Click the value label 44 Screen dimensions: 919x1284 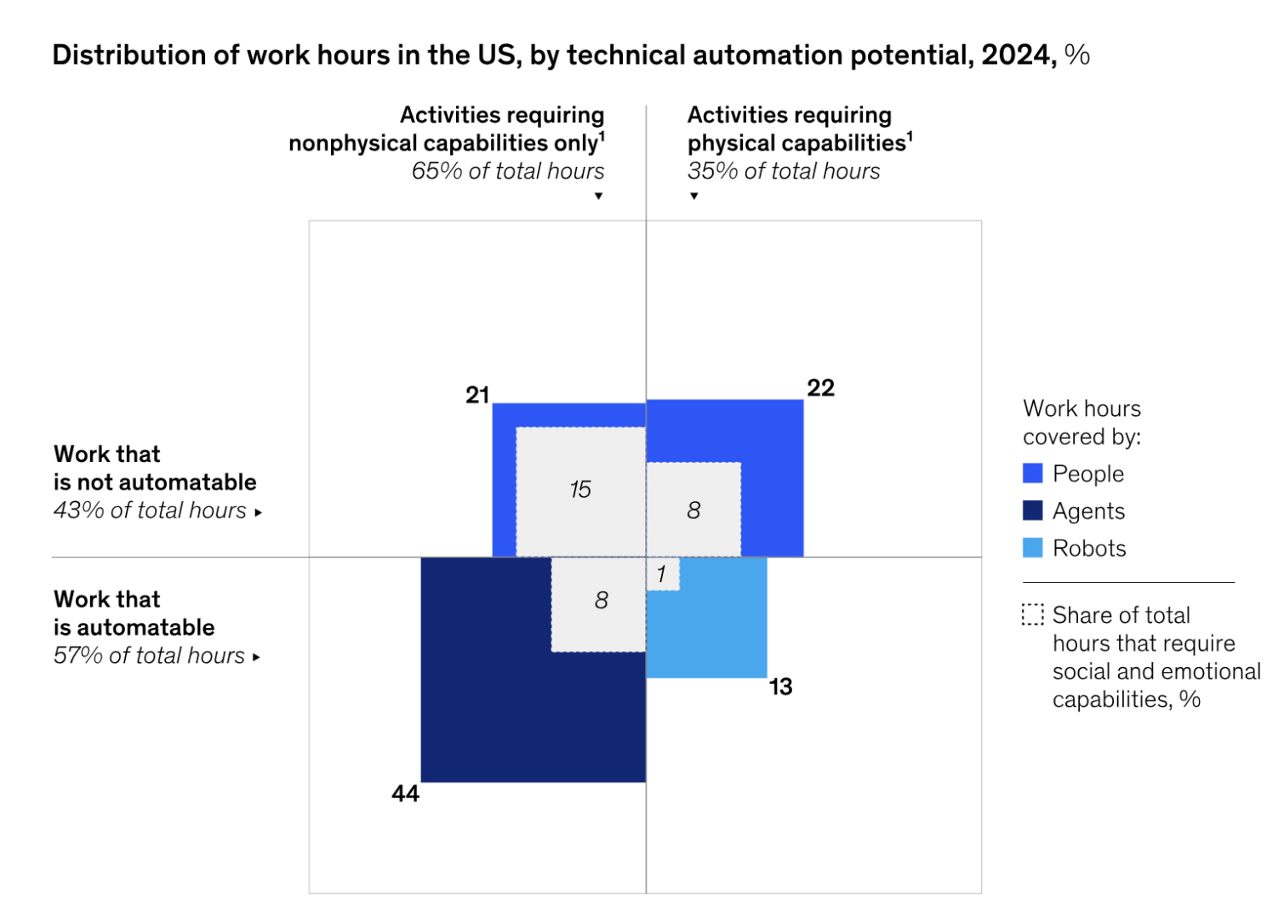click(405, 794)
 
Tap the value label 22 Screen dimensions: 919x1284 click(820, 388)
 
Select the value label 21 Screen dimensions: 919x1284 click(477, 395)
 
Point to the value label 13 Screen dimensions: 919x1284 click(780, 687)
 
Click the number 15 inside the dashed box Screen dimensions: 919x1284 click(580, 489)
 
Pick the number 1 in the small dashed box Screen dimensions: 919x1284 click(661, 574)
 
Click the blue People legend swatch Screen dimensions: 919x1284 click(1032, 473)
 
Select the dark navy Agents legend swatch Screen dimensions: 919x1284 click(1032, 511)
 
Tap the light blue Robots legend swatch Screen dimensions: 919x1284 click(1032, 548)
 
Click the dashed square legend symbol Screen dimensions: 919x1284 click(1032, 614)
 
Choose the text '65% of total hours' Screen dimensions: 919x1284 click(508, 171)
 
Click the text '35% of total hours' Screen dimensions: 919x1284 click(784, 171)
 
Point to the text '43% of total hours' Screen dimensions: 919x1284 click(150, 511)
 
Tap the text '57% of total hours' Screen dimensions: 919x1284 click(149, 656)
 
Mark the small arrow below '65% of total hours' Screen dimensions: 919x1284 click(599, 197)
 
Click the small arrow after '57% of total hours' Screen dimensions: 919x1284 click(256, 658)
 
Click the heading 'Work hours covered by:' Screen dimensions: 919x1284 click(1081, 422)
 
